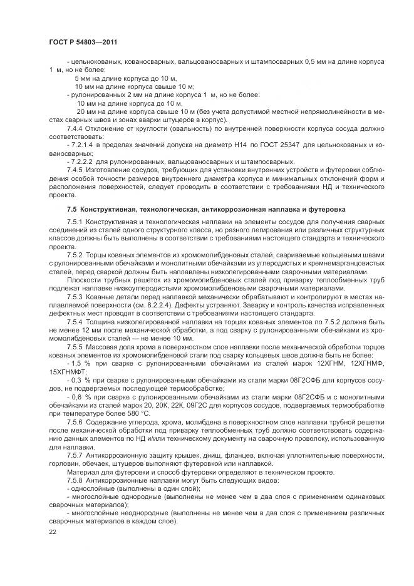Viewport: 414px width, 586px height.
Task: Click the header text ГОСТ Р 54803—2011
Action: point(83,41)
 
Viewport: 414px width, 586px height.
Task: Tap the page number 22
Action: point(53,532)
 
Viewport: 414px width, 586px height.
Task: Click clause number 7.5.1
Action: point(76,222)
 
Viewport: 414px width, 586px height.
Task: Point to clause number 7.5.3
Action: point(76,295)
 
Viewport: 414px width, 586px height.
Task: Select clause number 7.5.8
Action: point(76,479)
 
